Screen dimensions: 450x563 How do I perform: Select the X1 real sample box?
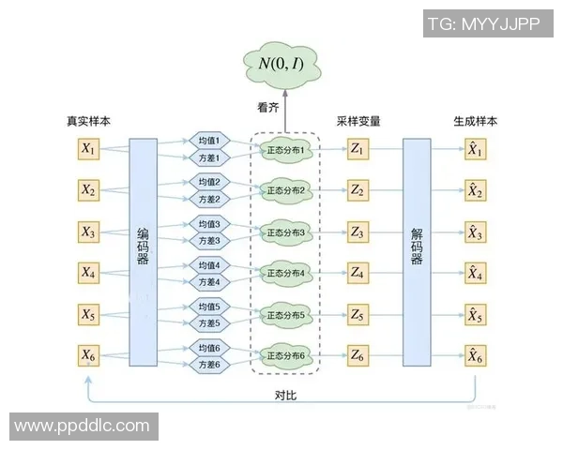[x=88, y=149]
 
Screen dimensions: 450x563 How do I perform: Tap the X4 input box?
[x=88, y=273]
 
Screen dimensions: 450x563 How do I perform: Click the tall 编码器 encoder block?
[x=143, y=251]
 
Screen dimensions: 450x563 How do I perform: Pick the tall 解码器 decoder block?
[x=417, y=251]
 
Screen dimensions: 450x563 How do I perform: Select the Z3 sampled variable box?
[x=357, y=232]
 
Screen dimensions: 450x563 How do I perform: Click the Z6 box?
[x=357, y=355]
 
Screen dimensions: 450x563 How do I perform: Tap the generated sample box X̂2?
[x=476, y=190]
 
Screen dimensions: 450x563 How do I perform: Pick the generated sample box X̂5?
[x=476, y=314]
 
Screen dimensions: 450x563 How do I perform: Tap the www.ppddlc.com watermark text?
[x=82, y=427]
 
